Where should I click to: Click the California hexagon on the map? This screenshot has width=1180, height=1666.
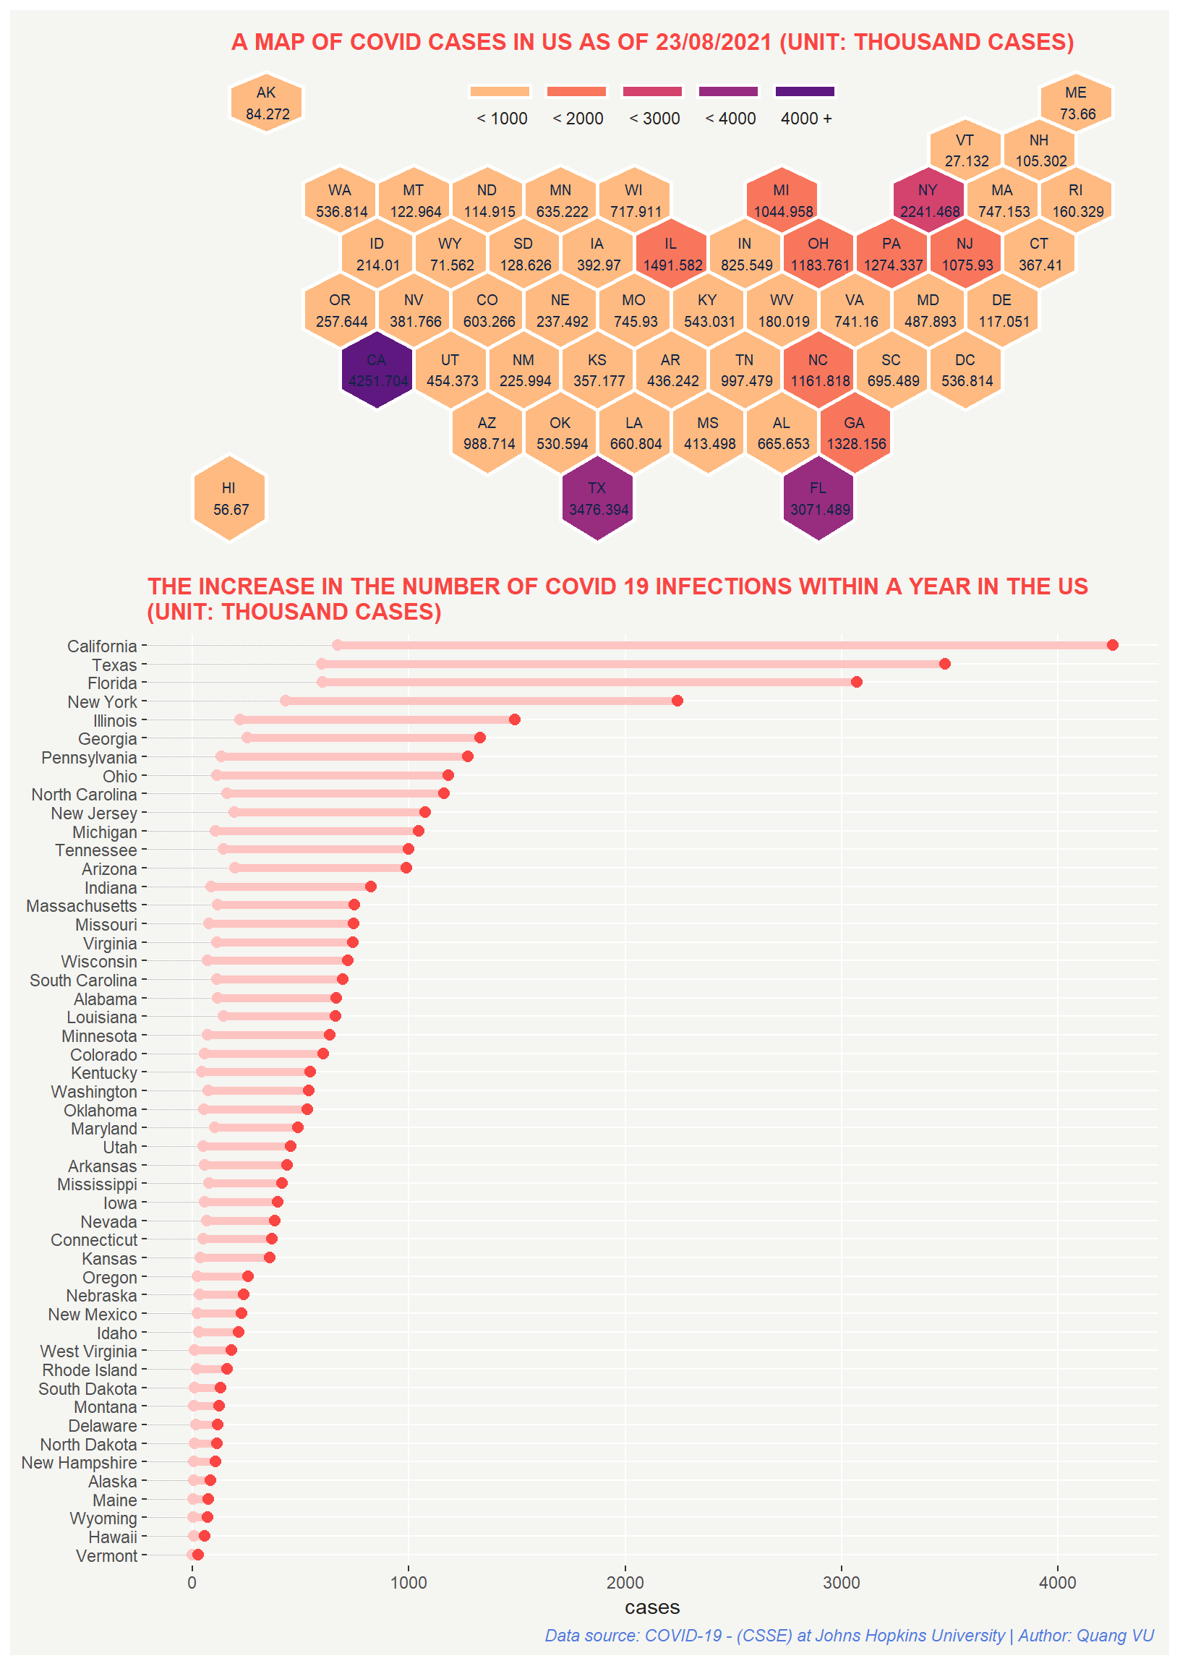377,370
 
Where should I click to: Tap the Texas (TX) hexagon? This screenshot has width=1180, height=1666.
598,498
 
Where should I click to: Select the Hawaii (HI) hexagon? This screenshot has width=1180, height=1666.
230,498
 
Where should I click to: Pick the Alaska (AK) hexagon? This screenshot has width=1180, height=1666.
267,103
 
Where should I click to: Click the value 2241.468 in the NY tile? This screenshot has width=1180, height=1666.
929,211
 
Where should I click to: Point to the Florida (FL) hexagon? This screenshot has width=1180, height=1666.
819,498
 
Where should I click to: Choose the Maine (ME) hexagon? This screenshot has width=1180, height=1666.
1076,103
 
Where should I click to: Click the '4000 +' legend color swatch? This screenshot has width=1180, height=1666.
805,92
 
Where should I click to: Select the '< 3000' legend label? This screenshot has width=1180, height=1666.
654,119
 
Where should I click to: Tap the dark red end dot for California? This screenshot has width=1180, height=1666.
1113,645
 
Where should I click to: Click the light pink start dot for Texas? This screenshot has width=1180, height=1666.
321,664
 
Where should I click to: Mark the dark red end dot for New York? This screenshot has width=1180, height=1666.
677,701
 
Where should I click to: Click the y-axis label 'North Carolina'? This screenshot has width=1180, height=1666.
85,795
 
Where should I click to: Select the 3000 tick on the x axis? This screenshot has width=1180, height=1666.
842,1582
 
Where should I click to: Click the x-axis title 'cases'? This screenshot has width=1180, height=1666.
651,1607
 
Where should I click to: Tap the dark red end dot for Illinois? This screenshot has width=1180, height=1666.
514,719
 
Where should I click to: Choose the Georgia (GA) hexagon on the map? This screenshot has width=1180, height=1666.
855,433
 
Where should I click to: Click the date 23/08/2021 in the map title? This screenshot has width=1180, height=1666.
713,42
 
